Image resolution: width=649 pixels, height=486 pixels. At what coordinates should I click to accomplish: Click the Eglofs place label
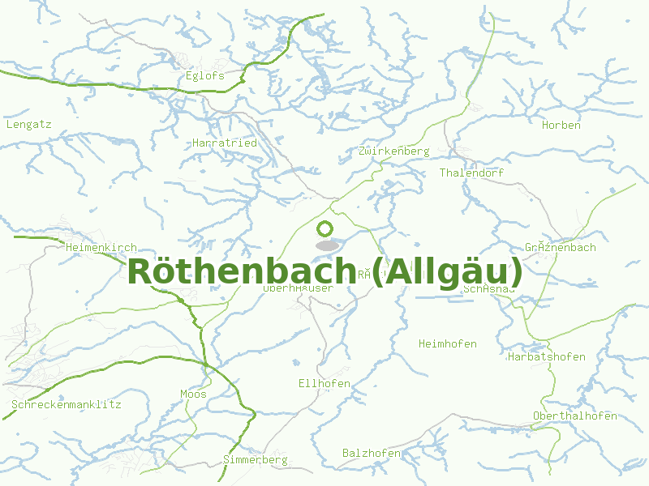click(204, 76)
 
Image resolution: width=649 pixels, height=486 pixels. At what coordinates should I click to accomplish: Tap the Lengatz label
click(28, 125)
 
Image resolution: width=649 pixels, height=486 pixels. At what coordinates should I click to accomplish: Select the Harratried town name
click(225, 143)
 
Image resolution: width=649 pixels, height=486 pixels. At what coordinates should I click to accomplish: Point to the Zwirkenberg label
click(393, 151)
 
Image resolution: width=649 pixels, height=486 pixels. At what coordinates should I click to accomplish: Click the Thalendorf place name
click(471, 173)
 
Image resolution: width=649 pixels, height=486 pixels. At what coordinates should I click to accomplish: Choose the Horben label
click(561, 126)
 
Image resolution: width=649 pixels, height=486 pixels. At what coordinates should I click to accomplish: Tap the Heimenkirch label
click(101, 248)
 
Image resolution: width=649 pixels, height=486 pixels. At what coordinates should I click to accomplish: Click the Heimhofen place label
click(447, 344)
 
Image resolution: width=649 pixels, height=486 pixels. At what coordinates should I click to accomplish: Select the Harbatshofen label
click(547, 357)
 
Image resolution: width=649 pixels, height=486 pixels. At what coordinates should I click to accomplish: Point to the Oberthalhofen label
click(574, 416)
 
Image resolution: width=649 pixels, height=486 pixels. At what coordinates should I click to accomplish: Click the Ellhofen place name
click(324, 383)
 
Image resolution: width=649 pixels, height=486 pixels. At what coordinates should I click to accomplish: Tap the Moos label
click(193, 394)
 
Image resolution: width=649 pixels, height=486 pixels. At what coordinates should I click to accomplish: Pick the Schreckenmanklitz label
click(66, 404)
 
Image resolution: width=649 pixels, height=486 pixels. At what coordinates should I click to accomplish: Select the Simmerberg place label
click(256, 460)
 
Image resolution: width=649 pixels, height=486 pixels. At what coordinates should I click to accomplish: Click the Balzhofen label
click(372, 454)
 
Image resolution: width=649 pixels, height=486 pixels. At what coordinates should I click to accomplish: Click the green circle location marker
click(325, 229)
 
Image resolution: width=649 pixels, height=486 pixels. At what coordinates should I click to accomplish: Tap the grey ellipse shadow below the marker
click(326, 245)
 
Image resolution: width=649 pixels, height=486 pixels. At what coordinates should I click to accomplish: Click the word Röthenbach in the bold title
click(241, 271)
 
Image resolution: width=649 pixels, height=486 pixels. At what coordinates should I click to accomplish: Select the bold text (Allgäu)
click(445, 271)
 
